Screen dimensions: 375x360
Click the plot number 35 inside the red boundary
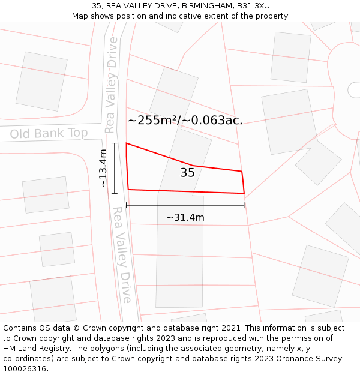pos(187,173)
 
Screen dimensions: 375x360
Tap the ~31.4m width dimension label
pos(185,217)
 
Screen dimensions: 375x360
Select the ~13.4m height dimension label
pos(103,168)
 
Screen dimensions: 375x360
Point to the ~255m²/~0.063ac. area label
pos(185,120)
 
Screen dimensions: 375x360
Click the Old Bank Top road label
pos(49,133)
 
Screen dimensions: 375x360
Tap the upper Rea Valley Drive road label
pos(111,85)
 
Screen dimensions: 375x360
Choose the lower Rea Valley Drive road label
pos(122,255)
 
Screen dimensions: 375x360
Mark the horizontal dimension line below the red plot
pos(185,205)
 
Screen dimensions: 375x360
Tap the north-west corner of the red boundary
pos(126,143)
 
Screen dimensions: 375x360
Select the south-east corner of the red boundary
pos(244,193)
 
